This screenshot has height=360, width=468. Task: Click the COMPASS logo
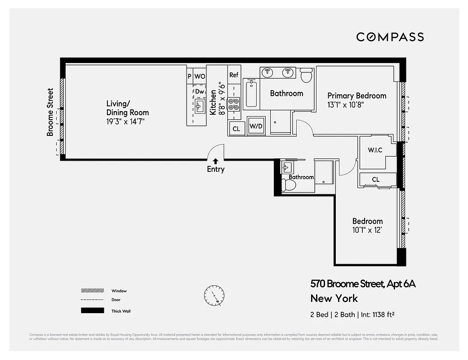click(390, 37)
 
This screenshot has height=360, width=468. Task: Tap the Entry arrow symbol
click(215, 161)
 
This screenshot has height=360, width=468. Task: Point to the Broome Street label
click(50, 112)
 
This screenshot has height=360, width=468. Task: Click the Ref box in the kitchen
click(234, 75)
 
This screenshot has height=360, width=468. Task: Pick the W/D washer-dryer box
click(256, 126)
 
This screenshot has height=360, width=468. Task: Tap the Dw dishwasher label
click(200, 91)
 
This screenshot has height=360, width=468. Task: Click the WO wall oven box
click(200, 76)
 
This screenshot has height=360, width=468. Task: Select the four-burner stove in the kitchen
click(234, 104)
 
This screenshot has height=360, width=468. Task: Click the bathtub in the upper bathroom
click(251, 93)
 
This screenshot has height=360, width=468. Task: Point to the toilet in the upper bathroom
click(306, 75)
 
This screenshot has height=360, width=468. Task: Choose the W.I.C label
click(374, 150)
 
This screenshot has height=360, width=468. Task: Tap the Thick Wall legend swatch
click(92, 310)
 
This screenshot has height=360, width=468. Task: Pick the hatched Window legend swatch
click(92, 291)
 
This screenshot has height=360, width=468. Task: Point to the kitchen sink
click(199, 107)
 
